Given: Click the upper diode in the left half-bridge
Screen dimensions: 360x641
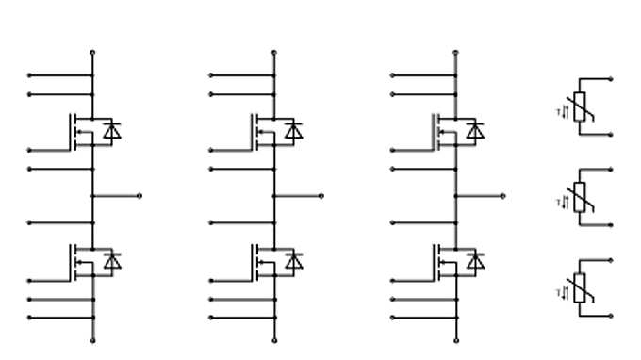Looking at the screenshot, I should (x=112, y=131).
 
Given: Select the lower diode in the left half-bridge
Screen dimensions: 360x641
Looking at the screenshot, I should (x=112, y=262).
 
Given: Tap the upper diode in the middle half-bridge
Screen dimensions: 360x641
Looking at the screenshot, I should (x=294, y=131).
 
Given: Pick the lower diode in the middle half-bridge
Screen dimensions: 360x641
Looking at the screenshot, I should (x=294, y=262).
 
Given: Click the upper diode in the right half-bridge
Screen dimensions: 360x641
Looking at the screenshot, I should (x=475, y=131).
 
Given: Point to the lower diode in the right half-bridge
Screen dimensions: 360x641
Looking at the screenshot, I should (x=475, y=262).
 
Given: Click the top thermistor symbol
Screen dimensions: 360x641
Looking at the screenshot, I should (x=580, y=107).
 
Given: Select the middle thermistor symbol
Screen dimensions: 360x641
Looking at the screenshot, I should (x=580, y=198).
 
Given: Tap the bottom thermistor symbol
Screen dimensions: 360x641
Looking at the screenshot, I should (x=580, y=287).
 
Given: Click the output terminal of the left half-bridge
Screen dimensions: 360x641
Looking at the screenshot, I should (x=140, y=196).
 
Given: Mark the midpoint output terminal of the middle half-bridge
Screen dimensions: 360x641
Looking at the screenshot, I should (x=321, y=196).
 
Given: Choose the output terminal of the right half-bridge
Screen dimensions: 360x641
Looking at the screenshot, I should (x=502, y=196).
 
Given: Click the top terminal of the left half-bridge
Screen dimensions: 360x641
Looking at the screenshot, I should (x=92, y=53).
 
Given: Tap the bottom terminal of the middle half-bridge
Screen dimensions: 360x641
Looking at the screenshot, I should (x=274, y=340).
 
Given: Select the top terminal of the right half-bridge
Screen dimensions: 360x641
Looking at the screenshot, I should (x=455, y=53).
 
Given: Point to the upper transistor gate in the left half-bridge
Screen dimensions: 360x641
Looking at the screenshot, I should (x=29, y=150).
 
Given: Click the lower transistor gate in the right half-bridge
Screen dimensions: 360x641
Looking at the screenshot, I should (x=393, y=281).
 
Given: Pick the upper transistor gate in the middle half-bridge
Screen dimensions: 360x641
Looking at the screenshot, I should (x=211, y=150).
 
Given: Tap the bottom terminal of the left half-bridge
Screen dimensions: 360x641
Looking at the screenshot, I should (x=92, y=340).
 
